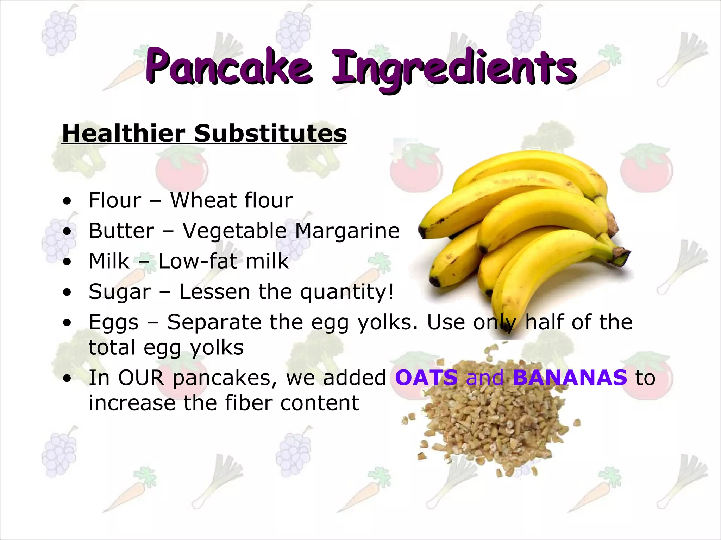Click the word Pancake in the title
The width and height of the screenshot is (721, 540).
[x=229, y=67]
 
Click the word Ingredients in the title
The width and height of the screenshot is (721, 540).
[x=454, y=69]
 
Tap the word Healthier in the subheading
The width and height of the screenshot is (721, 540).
[x=124, y=134]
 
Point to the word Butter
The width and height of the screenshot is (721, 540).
[x=121, y=231]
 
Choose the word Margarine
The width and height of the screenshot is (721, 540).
[x=347, y=231]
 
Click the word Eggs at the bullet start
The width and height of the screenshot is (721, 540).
[x=113, y=323]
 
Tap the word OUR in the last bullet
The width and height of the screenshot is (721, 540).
[x=141, y=378]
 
